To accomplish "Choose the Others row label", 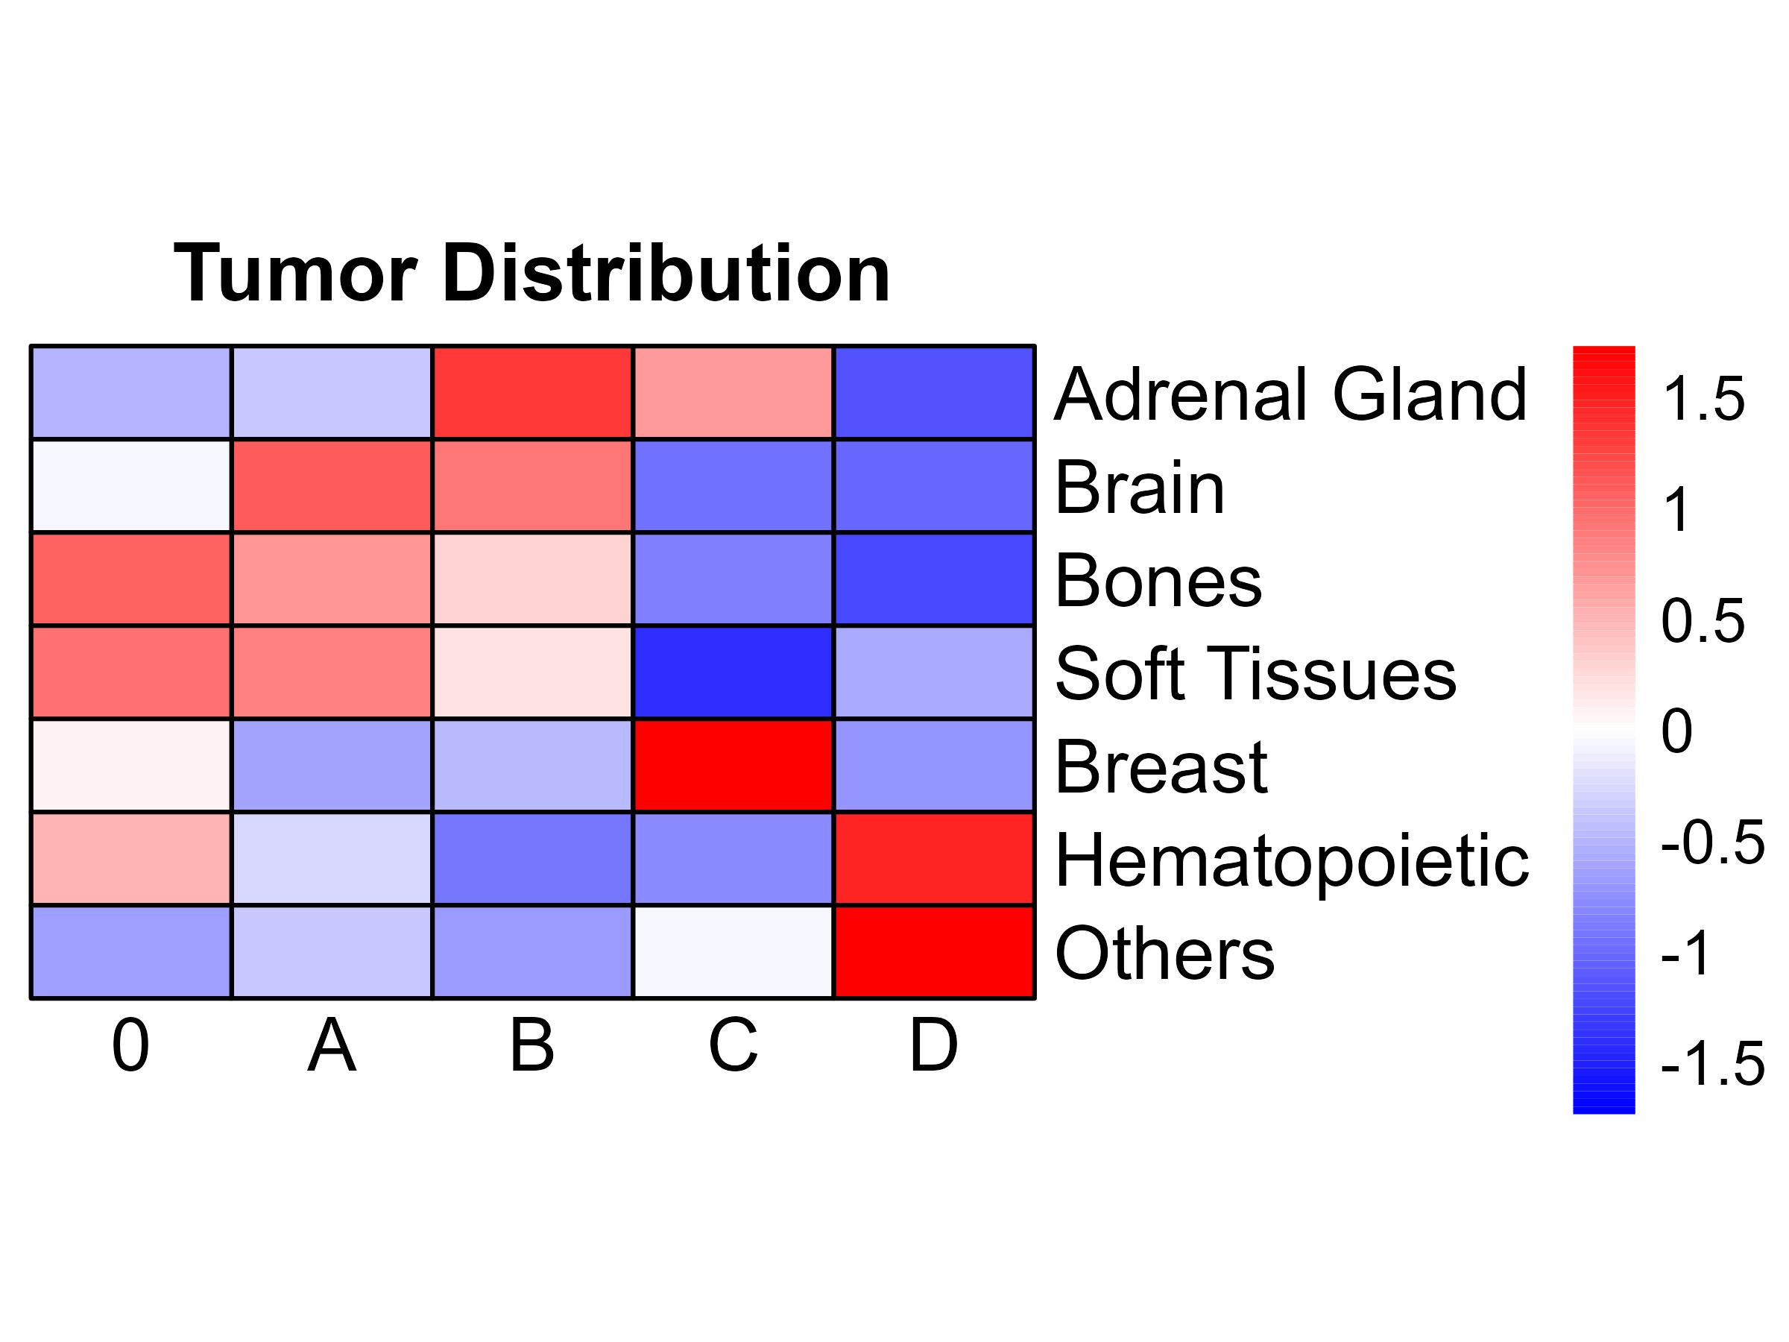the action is pyautogui.click(x=1164, y=953).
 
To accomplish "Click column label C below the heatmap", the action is pyautogui.click(x=733, y=1045).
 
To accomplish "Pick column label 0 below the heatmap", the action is pyautogui.click(x=130, y=1045).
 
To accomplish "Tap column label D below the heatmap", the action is pyautogui.click(x=933, y=1045).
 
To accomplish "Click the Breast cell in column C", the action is pyautogui.click(x=733, y=765).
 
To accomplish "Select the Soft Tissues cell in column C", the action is pyautogui.click(x=733, y=672).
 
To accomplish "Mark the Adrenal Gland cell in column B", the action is pyautogui.click(x=532, y=392).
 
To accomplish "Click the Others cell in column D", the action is pyautogui.click(x=934, y=952).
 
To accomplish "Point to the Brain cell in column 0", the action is pyautogui.click(x=131, y=485).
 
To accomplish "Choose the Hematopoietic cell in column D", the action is pyautogui.click(x=934, y=858).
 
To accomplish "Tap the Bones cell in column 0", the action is pyautogui.click(x=131, y=579).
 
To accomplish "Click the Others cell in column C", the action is pyautogui.click(x=733, y=952).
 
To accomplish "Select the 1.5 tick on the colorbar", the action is pyautogui.click(x=1703, y=399).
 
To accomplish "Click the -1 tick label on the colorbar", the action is pyautogui.click(x=1686, y=953).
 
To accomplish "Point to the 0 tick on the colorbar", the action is pyautogui.click(x=1676, y=731).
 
